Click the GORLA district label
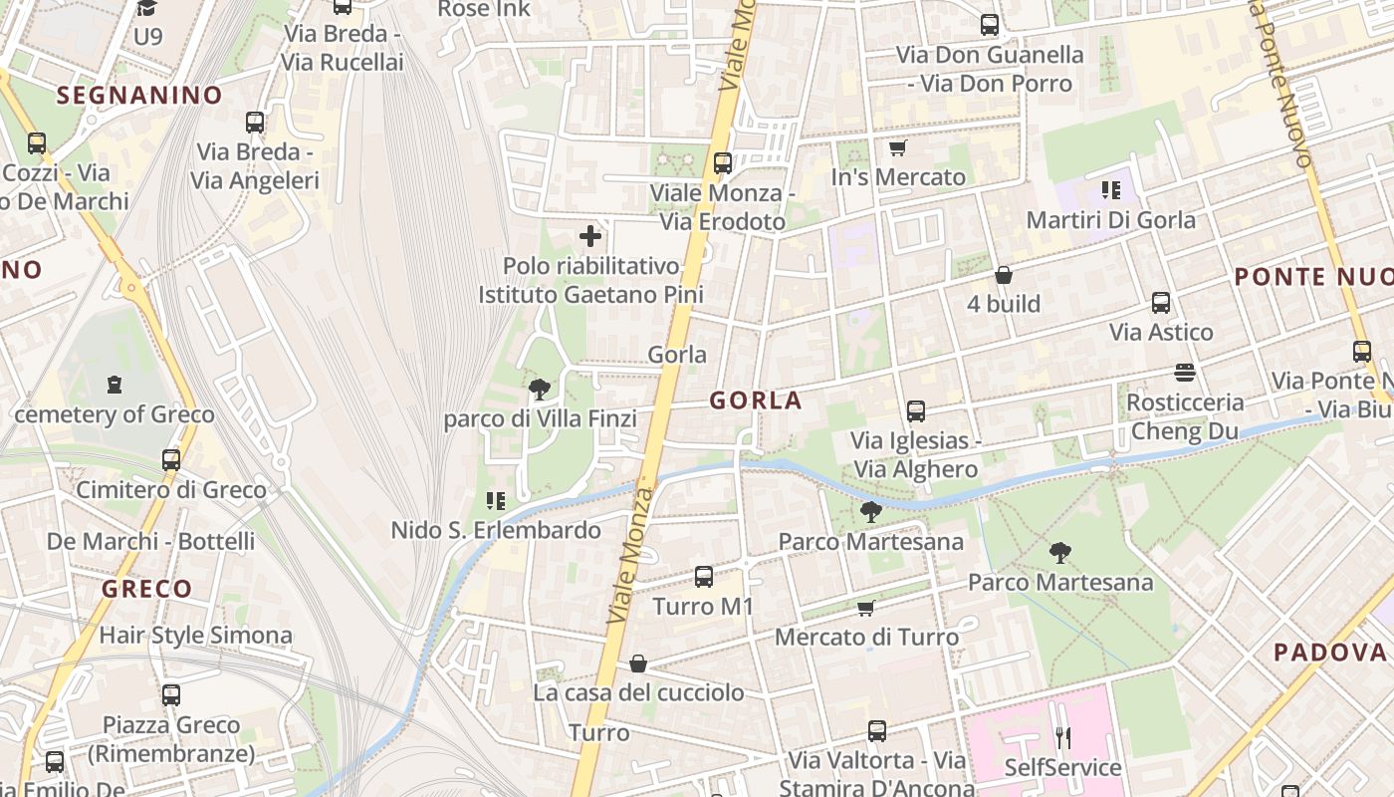tap(755, 400)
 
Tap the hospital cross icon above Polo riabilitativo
tap(590, 236)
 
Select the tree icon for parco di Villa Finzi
tap(539, 389)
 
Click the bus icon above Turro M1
tap(703, 576)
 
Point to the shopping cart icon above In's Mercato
tap(897, 148)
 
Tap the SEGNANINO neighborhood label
tap(139, 96)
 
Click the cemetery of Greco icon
tap(114, 384)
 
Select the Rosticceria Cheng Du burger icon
tap(1184, 373)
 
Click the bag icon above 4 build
tap(1003, 274)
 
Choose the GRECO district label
tap(146, 589)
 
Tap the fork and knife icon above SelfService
tap(1062, 738)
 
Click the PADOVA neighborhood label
tap(1330, 653)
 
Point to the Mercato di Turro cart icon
tap(865, 608)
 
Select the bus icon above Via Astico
tap(1160, 302)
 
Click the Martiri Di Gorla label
tap(1110, 220)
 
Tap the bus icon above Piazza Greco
tap(171, 694)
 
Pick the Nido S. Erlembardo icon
tap(495, 500)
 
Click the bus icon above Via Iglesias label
tap(915, 410)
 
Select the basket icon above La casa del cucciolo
tap(638, 664)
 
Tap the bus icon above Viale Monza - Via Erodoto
tap(722, 162)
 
